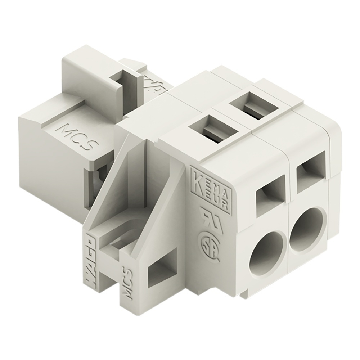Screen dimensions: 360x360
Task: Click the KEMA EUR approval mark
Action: (212, 188)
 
